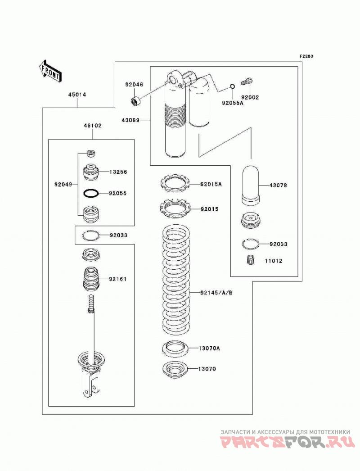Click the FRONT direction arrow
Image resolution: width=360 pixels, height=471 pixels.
pyautogui.click(x=50, y=71)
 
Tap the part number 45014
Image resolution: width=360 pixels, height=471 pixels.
pyautogui.click(x=77, y=95)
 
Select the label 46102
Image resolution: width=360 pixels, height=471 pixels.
pyautogui.click(x=93, y=126)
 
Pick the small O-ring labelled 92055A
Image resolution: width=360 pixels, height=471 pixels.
pyautogui.click(x=232, y=86)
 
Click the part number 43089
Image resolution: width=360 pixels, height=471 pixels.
pyautogui.click(x=130, y=120)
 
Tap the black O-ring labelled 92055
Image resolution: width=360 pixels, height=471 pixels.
pyautogui.click(x=90, y=194)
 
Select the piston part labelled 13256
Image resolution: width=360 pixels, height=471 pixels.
pyautogui.click(x=91, y=172)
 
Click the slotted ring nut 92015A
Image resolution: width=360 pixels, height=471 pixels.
pyautogui.click(x=175, y=183)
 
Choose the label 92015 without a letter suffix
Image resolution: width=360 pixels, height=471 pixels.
pyautogui.click(x=210, y=209)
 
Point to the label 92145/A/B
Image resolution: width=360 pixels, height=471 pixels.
pyautogui.click(x=216, y=292)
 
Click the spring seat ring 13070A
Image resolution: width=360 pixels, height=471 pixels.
pyautogui.click(x=175, y=349)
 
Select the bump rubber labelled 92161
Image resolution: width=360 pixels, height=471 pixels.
pyautogui.click(x=91, y=279)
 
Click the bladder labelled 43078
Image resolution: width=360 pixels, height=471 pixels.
pyautogui.click(x=251, y=185)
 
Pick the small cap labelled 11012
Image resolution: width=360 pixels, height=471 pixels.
pyautogui.click(x=250, y=260)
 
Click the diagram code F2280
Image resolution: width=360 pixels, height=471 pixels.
pyautogui.click(x=306, y=56)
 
